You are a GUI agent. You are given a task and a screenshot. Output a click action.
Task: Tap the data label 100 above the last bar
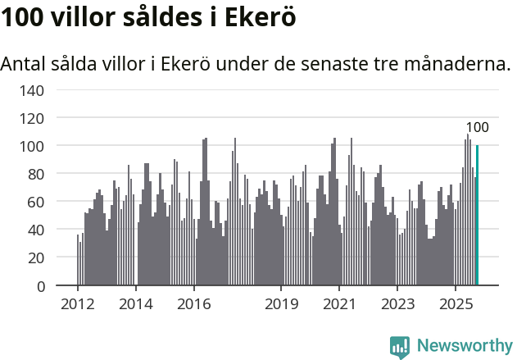coord(477,127)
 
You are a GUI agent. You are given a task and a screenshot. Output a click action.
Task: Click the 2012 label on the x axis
coord(78,305)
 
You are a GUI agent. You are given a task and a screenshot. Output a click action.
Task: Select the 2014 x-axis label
coord(136,305)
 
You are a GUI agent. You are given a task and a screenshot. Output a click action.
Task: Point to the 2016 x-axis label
coord(193,305)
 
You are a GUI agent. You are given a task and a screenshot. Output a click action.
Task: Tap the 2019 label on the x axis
coord(281,305)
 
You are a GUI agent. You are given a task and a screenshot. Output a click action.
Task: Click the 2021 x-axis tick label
coord(339,305)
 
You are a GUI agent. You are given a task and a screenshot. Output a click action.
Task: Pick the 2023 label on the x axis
coord(397,305)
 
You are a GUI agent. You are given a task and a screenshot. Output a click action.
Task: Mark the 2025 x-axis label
coord(455,305)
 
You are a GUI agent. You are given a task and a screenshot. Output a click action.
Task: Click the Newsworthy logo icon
coord(400,347)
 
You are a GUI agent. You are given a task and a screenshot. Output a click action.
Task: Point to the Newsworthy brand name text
coord(465,346)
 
